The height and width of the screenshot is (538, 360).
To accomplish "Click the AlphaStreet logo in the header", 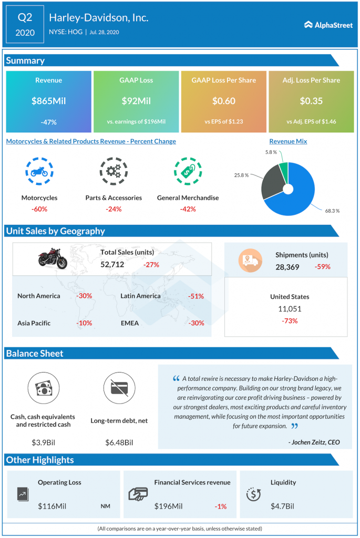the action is [328, 25].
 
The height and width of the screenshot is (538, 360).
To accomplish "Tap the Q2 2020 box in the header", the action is [25, 24].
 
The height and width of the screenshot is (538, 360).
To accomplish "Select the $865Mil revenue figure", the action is [49, 101].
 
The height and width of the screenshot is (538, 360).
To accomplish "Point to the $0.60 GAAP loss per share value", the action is [224, 101].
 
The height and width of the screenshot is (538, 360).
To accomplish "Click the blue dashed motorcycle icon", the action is [39, 171].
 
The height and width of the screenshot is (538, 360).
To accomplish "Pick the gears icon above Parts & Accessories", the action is [114, 171].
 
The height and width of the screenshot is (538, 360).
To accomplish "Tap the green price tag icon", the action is [188, 171].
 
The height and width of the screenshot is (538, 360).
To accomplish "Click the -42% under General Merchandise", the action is [188, 209].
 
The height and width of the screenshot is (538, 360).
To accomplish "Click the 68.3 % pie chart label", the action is [332, 211].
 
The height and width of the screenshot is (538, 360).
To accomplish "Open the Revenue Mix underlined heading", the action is [289, 141].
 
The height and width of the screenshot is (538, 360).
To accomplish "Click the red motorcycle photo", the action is [53, 258].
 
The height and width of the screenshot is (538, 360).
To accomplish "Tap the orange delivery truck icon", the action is [251, 261].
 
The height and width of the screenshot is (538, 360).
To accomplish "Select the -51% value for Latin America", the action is [196, 296].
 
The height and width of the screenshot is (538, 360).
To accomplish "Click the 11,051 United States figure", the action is [290, 309].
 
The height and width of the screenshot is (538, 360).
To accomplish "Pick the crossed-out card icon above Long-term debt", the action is [119, 388].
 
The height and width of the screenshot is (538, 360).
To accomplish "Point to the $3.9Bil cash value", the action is [43, 442].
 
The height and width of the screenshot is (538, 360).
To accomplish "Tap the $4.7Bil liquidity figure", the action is [282, 506].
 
